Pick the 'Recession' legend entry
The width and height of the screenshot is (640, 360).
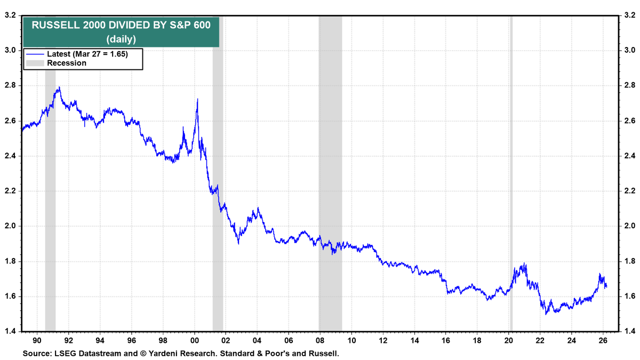(66, 63)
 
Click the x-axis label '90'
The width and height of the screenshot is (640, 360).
(37, 340)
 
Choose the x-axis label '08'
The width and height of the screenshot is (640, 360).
(319, 340)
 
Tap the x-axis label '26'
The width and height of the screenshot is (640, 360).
(602, 340)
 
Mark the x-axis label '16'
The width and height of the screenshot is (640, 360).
(445, 340)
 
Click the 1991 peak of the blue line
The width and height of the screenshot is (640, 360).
(59, 87)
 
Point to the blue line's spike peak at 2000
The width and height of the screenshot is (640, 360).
(198, 99)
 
